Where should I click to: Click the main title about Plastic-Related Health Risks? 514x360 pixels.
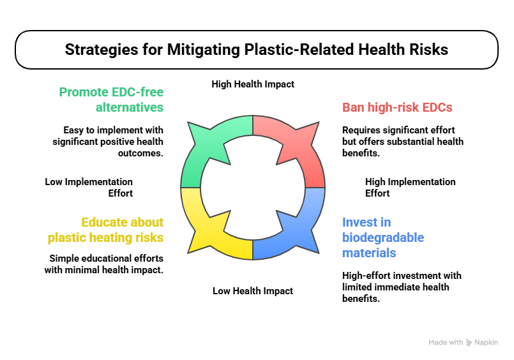pyautogui.click(x=256, y=49)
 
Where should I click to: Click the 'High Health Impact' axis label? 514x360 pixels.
pyautogui.click(x=253, y=84)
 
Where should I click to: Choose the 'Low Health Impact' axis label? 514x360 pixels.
pyautogui.click(x=253, y=291)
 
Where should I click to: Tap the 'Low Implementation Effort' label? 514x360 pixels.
pyautogui.click(x=89, y=188)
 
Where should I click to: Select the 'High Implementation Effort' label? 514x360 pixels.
pyautogui.click(x=411, y=188)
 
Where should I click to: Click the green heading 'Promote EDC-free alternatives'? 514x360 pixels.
pyautogui.click(x=111, y=100)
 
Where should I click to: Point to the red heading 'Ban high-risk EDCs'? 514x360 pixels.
pyautogui.click(x=397, y=107)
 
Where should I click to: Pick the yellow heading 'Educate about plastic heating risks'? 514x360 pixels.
pyautogui.click(x=105, y=230)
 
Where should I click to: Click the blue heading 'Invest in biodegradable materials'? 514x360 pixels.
pyautogui.click(x=383, y=237)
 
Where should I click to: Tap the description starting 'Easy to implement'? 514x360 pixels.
pyautogui.click(x=108, y=142)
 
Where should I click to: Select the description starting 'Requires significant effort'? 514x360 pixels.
pyautogui.click(x=403, y=142)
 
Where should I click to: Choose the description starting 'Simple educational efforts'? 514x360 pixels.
pyautogui.click(x=104, y=264)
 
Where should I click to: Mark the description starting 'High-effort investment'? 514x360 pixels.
pyautogui.click(x=402, y=287)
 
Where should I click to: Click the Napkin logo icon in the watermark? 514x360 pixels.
pyautogui.click(x=469, y=343)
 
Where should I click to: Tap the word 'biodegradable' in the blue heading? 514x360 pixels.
pyautogui.click(x=383, y=237)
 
